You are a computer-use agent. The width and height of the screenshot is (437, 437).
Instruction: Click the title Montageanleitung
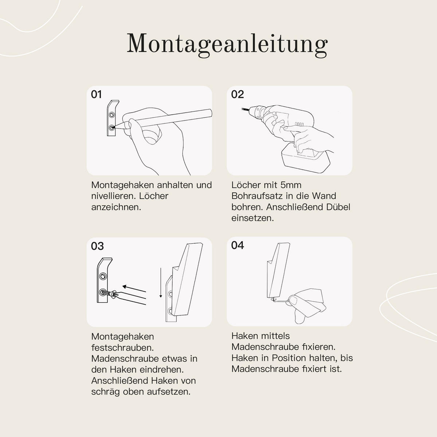tap(227, 44)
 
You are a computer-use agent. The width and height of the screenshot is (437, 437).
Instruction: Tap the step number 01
tap(96, 95)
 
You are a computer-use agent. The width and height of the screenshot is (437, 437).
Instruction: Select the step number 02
tap(237, 95)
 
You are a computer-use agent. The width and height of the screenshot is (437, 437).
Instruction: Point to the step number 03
tap(97, 246)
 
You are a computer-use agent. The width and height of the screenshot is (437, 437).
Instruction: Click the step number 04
tap(237, 245)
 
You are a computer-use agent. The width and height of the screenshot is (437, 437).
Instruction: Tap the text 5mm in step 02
tap(291, 185)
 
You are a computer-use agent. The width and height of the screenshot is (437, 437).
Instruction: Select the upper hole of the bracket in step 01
tap(112, 115)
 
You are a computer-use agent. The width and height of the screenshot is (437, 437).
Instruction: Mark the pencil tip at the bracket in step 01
tap(114, 127)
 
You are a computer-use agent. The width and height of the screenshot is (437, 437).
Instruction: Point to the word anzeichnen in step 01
tap(116, 207)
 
